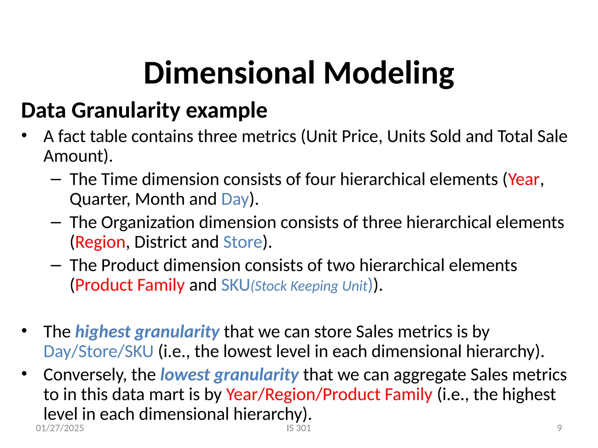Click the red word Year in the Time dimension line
[x=524, y=180]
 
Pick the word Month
[x=160, y=199]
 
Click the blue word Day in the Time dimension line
[x=235, y=199]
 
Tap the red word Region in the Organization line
[x=100, y=242]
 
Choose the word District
[x=160, y=242]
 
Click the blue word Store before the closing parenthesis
[x=243, y=242]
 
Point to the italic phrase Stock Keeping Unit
[x=311, y=286]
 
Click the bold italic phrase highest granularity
[x=147, y=332]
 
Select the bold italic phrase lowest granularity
[x=230, y=375]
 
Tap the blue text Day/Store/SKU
[x=98, y=352]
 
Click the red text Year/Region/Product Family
[x=329, y=395]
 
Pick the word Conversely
[x=85, y=375]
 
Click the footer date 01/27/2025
[x=60, y=428]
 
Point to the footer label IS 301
[x=299, y=428]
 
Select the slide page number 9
[x=559, y=428]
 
